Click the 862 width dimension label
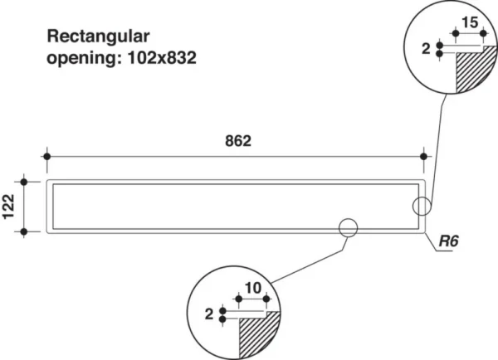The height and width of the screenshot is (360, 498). (x=237, y=140)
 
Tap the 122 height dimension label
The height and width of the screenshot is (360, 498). (x=9, y=207)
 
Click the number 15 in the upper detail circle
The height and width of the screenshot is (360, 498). (x=469, y=23)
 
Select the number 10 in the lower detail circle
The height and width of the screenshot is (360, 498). (x=254, y=287)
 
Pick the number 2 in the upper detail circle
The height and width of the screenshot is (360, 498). (x=427, y=51)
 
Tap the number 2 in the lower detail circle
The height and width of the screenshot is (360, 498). (x=211, y=313)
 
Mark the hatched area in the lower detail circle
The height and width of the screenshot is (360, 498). (x=254, y=335)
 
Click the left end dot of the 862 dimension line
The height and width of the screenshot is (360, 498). (x=47, y=156)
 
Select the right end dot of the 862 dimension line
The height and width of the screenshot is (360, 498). (x=425, y=156)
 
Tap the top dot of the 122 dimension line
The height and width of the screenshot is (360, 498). (x=25, y=181)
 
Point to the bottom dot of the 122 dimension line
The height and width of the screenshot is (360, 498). (x=25, y=231)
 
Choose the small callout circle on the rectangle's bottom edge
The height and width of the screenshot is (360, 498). (x=347, y=226)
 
